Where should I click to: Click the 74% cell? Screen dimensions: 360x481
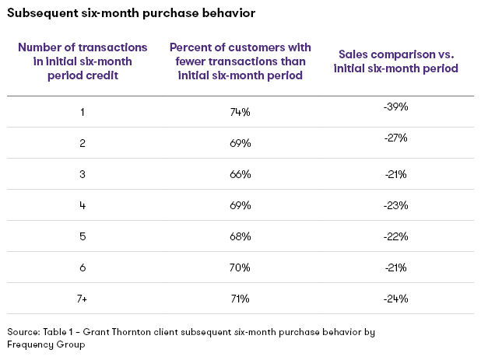[x=240, y=112]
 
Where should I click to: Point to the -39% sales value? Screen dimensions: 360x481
[x=395, y=107]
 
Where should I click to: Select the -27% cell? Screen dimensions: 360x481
[x=395, y=138]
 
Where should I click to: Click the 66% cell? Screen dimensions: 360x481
[x=240, y=174]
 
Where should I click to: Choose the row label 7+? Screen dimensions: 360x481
[x=83, y=299]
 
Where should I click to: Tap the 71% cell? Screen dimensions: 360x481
[x=240, y=299]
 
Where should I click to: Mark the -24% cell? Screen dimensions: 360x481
[x=395, y=299]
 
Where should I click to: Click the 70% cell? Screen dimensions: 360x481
[x=240, y=267]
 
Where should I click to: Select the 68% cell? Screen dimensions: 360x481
[x=240, y=236]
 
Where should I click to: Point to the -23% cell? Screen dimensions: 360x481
[x=395, y=205]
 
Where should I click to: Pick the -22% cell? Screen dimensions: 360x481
[x=395, y=236]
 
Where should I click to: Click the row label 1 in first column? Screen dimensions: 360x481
[x=83, y=112]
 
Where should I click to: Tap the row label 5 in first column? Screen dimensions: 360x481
[x=83, y=236]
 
